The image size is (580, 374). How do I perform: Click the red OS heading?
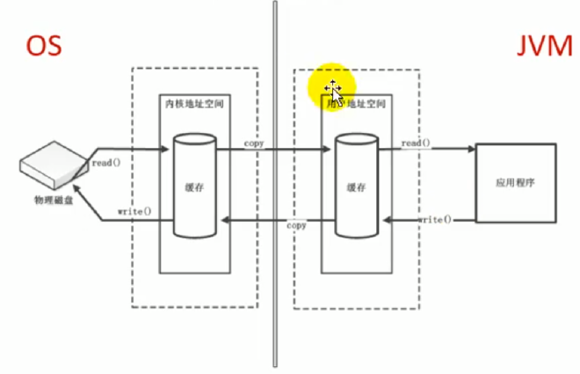coord(42,46)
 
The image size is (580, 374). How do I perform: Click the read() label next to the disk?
coord(105,163)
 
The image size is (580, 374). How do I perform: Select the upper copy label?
coord(255,143)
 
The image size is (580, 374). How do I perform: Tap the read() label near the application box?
coord(416,143)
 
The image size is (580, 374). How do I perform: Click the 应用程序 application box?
coord(514,184)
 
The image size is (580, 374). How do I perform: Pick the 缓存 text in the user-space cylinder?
coord(356,187)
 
